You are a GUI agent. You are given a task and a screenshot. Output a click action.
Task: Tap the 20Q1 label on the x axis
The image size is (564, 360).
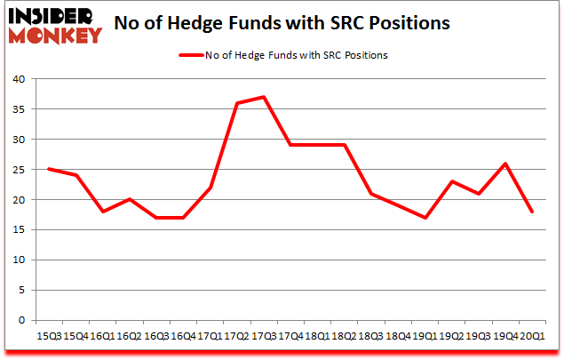click(x=533, y=337)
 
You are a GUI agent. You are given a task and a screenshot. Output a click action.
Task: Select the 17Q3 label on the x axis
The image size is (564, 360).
click(x=264, y=337)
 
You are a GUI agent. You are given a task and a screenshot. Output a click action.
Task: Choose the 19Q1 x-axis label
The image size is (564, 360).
click(x=425, y=337)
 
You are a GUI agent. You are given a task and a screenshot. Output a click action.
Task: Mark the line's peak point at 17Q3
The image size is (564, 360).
click(x=264, y=97)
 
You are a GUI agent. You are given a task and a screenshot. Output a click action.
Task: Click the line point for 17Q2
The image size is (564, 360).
click(x=237, y=103)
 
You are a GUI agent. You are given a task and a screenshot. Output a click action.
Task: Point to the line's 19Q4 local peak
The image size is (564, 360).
click(x=506, y=164)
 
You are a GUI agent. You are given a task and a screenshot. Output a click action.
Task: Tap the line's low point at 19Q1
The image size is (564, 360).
click(x=425, y=218)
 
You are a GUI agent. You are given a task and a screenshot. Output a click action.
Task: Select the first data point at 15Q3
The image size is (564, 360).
click(x=48, y=169)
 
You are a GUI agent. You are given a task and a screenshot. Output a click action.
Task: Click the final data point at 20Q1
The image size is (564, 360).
click(x=533, y=212)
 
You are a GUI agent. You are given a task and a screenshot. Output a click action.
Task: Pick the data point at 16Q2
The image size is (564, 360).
click(x=129, y=199)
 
